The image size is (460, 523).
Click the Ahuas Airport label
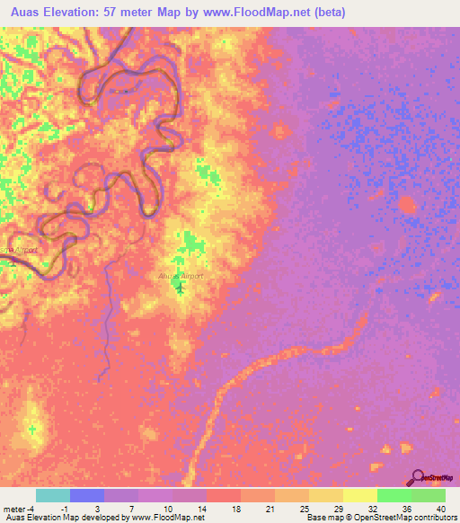(180, 276)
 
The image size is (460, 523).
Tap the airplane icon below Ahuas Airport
(181, 288)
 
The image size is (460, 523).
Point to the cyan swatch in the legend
(53, 495)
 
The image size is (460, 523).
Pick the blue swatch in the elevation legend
(87, 495)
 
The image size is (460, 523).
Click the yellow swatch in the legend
(360, 495)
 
